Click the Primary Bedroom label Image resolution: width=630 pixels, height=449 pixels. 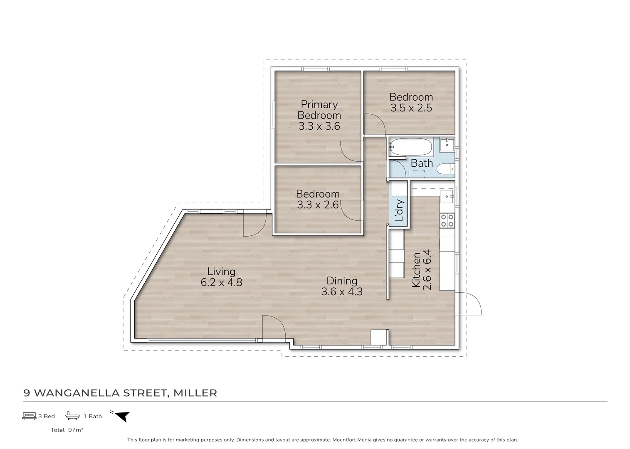[x=319, y=110]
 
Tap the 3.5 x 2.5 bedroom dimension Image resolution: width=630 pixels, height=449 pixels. [x=411, y=108]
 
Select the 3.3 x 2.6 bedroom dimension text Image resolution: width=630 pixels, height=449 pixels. [x=318, y=205]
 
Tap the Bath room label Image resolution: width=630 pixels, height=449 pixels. [x=422, y=163]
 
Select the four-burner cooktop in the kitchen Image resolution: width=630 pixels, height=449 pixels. [x=447, y=220]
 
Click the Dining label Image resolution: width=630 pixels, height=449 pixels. [x=341, y=281]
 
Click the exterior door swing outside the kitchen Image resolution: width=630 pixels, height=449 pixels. [x=470, y=303]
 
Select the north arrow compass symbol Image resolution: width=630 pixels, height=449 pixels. [x=122, y=416]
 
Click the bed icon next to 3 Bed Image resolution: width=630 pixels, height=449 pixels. [x=29, y=416]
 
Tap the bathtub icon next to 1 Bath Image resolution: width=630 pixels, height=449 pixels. [x=73, y=416]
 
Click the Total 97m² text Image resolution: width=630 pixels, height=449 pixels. [x=67, y=430]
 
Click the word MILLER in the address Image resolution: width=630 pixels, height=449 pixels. [x=195, y=393]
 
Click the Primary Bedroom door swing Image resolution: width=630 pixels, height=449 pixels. [x=349, y=151]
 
